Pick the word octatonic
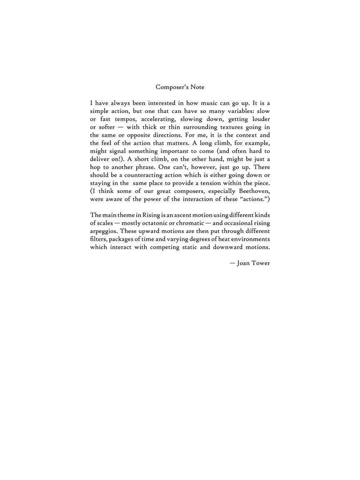[159, 223]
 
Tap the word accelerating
[157, 119]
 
